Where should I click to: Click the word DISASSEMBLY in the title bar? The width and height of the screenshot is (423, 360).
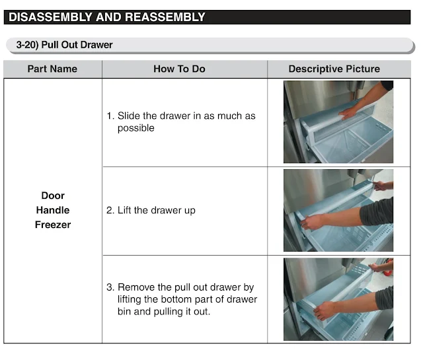51,17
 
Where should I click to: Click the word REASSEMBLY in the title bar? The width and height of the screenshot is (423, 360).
165,17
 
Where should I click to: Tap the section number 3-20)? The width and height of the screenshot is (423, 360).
27,45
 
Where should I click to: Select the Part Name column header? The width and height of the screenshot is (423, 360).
52,69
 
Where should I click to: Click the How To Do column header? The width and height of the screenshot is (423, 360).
179,69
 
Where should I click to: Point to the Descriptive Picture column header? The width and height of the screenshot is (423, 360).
334,69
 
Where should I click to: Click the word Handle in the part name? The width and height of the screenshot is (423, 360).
53,210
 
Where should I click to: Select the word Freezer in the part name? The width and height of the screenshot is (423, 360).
53,225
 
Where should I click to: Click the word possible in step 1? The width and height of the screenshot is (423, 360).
136,128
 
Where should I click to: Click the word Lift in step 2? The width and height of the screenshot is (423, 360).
124,210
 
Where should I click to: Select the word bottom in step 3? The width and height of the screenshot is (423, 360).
176,299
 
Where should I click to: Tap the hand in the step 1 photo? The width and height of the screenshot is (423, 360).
348,113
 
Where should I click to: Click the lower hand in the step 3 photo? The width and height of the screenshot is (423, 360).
325,310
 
